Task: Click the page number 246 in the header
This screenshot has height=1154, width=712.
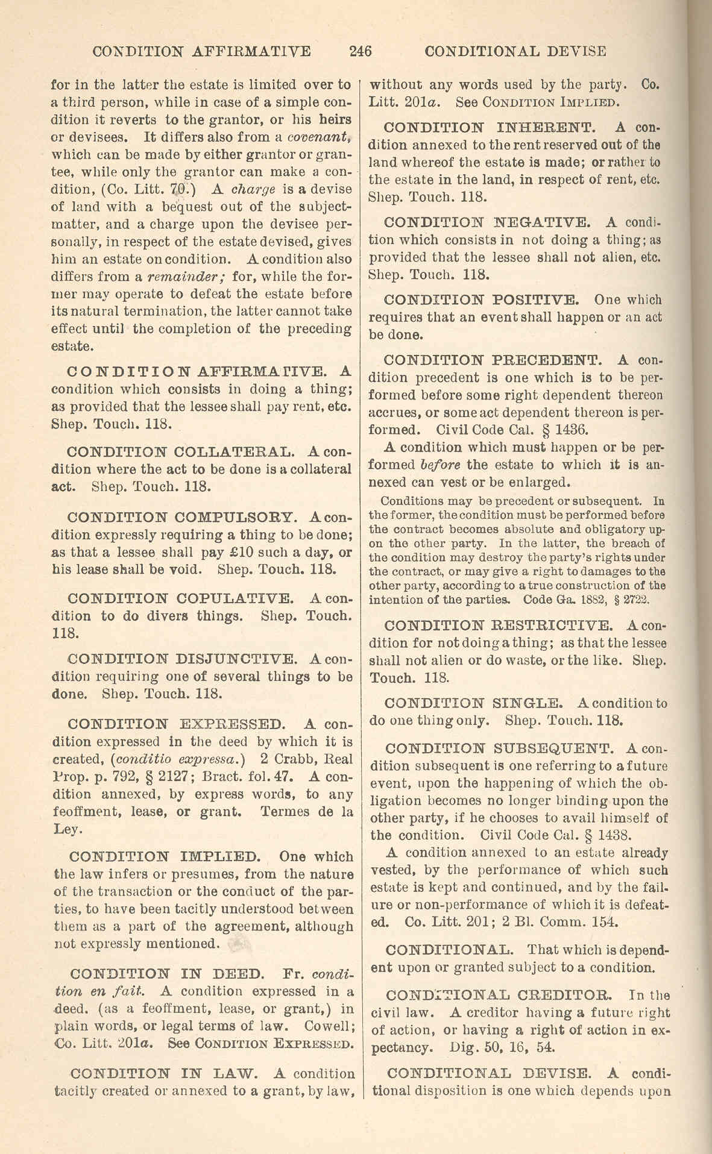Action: coord(360,51)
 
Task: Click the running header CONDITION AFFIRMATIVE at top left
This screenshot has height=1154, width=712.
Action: coord(202,51)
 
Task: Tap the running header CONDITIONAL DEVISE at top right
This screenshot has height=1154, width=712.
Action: coord(515,51)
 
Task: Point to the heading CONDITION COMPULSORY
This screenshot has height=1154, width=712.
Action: coord(182,518)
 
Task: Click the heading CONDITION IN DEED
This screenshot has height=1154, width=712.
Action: coord(166,974)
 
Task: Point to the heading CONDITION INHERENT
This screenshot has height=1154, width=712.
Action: coord(490,128)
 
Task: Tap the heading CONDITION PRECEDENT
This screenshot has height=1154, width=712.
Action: coord(493,360)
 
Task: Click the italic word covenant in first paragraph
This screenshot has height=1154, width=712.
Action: coord(327,137)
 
